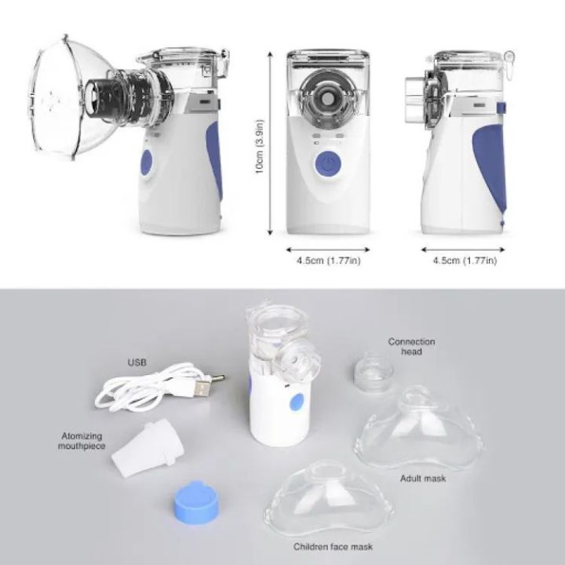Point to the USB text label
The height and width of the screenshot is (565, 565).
point(137,363)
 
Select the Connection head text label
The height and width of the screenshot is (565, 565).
point(411,347)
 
